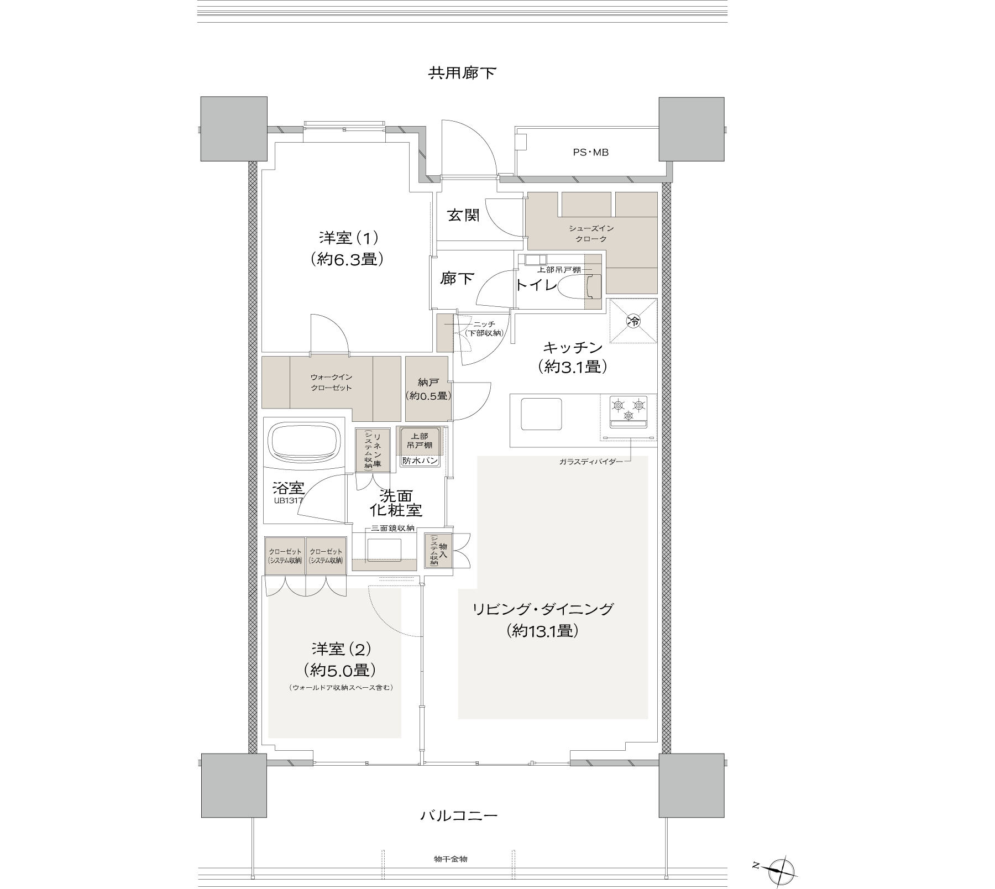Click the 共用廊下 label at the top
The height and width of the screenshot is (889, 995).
(x=462, y=73)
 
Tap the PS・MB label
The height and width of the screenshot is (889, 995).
(x=590, y=153)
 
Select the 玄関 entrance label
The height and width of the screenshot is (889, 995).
(x=463, y=216)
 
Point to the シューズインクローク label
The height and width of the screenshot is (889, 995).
(x=591, y=234)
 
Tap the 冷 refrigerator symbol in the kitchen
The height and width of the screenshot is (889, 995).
(x=633, y=321)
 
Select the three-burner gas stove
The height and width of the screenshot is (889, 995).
(x=628, y=412)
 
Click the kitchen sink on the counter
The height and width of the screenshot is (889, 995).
(x=542, y=414)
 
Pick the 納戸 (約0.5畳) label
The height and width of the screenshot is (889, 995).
(x=428, y=389)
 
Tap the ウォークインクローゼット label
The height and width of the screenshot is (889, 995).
(x=331, y=383)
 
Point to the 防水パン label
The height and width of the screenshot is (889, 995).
(x=421, y=461)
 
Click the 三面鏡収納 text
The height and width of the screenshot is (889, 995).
(x=393, y=529)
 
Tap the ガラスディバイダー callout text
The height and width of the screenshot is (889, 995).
(x=590, y=461)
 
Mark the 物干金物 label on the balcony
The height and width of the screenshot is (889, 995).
(x=451, y=859)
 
